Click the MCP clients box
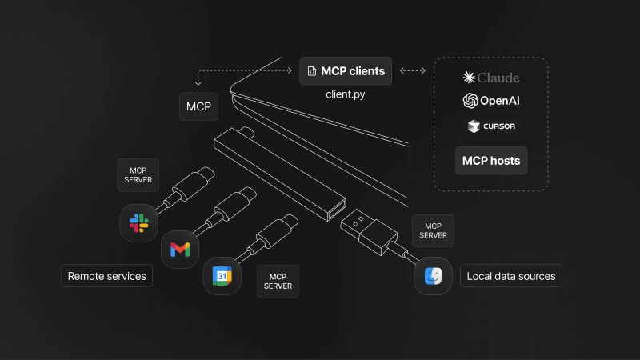[x=346, y=71]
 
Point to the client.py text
[x=346, y=94]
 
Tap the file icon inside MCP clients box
[x=311, y=71]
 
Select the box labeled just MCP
[x=198, y=106]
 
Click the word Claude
[x=498, y=78]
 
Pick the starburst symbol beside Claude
[x=469, y=78]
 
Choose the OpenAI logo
[x=470, y=101]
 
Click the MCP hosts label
[x=491, y=160]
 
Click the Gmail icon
[x=180, y=250]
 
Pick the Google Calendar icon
[x=222, y=276]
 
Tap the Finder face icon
[x=433, y=277]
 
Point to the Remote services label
[x=107, y=276]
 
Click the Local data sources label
[x=511, y=277]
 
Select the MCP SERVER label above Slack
[x=138, y=174]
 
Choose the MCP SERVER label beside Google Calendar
[x=278, y=281]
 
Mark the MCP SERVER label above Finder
[x=433, y=230]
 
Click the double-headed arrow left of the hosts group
[x=412, y=71]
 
